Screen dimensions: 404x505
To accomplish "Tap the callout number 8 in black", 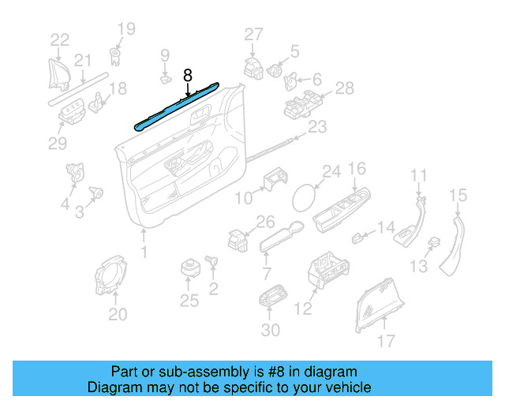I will [188, 76].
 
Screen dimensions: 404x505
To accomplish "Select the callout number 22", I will [60, 40].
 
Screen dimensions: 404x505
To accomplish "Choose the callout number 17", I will [385, 342].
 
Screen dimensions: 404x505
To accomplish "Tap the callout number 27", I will [252, 34].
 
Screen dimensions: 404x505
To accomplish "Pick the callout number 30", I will [270, 330].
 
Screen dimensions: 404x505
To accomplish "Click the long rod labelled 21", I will [79, 87].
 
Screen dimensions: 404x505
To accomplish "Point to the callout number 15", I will [458, 194].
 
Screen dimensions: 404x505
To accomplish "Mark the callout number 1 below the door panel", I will [144, 252].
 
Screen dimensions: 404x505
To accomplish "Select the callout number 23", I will [317, 126].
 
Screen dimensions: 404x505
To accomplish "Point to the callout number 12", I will [304, 309].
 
